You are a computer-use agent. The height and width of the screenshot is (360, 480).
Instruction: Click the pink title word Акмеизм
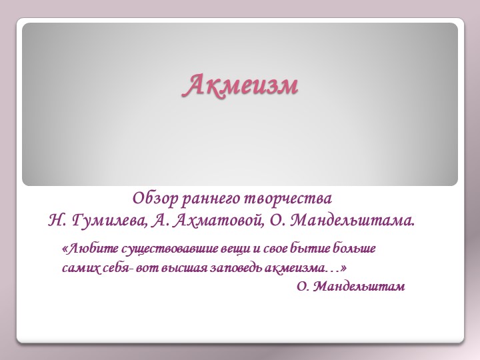[x=241, y=85]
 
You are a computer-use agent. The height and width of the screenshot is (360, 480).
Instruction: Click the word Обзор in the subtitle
[x=151, y=199]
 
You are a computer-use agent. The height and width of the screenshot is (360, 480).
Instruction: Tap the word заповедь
[x=227, y=268]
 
